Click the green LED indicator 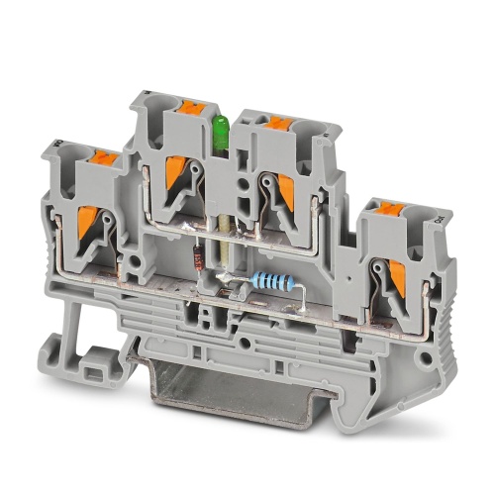[x=222, y=129]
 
